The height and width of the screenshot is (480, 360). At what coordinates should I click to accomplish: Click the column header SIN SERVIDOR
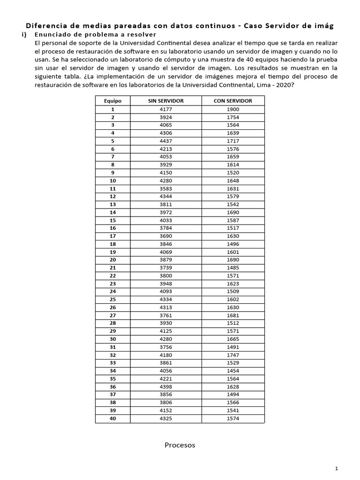pos(165,101)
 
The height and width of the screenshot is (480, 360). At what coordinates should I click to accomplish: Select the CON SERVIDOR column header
pos(232,101)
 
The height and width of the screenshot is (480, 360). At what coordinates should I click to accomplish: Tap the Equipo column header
pos(112,101)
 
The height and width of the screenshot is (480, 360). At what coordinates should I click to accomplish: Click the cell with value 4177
pos(165,109)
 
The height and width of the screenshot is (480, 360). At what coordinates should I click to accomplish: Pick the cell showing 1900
pos(232,109)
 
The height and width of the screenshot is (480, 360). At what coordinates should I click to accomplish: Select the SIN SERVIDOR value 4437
pos(165,141)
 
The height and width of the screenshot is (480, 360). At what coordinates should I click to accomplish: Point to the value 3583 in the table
pos(165,188)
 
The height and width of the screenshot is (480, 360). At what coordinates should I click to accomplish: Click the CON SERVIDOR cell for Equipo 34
pos(232,371)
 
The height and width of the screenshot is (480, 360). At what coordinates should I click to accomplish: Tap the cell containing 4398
pos(165,387)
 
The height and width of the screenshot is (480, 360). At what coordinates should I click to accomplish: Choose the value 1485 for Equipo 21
pos(232,268)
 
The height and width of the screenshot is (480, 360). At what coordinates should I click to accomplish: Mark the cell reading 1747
pos(232,355)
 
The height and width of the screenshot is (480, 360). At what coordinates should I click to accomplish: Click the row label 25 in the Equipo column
pos(112,300)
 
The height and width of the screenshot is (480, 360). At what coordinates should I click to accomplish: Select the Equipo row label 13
pos(112,204)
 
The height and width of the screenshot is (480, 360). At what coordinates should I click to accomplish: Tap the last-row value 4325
pos(165,419)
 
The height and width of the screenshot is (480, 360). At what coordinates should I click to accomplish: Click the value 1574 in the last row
pos(232,419)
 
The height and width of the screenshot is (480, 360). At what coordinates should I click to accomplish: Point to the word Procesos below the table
pos(180,445)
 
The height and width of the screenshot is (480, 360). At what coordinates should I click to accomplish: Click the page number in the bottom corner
pos(337,468)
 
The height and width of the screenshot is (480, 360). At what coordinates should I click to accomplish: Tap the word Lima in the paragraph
pos(263,85)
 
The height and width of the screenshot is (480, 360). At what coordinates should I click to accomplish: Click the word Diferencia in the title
pos(46,26)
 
